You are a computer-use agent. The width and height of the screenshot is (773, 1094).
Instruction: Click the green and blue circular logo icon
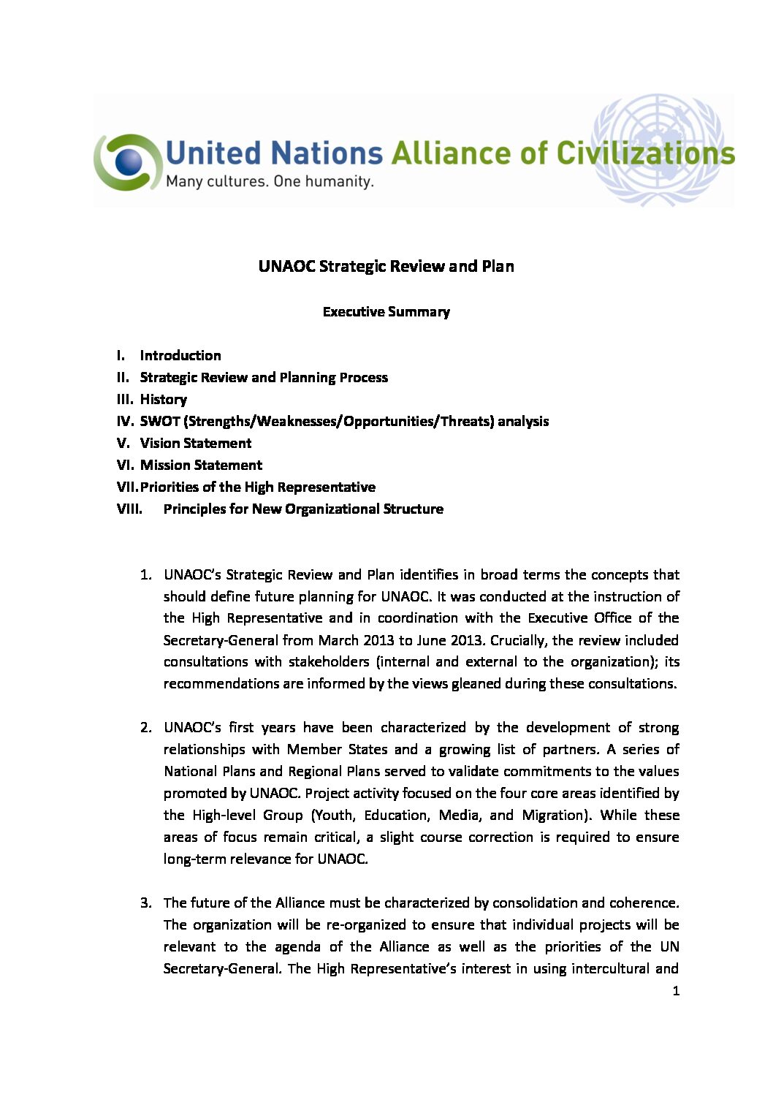click(127, 162)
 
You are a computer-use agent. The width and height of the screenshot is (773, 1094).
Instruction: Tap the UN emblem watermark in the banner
click(657, 149)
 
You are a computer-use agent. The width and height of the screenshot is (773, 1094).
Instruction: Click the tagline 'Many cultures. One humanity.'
click(270, 181)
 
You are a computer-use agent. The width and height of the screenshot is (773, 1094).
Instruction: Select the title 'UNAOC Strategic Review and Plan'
click(386, 266)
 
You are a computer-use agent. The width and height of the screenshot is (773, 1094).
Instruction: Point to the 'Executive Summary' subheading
click(386, 312)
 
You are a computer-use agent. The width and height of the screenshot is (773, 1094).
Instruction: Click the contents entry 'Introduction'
click(180, 356)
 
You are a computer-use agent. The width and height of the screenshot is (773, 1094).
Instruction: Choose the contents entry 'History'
click(164, 400)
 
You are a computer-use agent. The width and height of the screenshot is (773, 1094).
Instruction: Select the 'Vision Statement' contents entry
click(196, 444)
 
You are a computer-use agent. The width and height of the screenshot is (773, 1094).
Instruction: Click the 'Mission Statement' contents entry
click(201, 466)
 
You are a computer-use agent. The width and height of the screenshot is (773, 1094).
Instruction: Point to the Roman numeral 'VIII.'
click(129, 509)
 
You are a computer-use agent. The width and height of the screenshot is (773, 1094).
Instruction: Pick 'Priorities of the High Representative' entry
click(258, 487)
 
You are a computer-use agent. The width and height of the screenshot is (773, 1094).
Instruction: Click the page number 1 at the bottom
click(676, 992)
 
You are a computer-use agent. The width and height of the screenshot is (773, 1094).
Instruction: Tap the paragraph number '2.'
click(146, 728)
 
